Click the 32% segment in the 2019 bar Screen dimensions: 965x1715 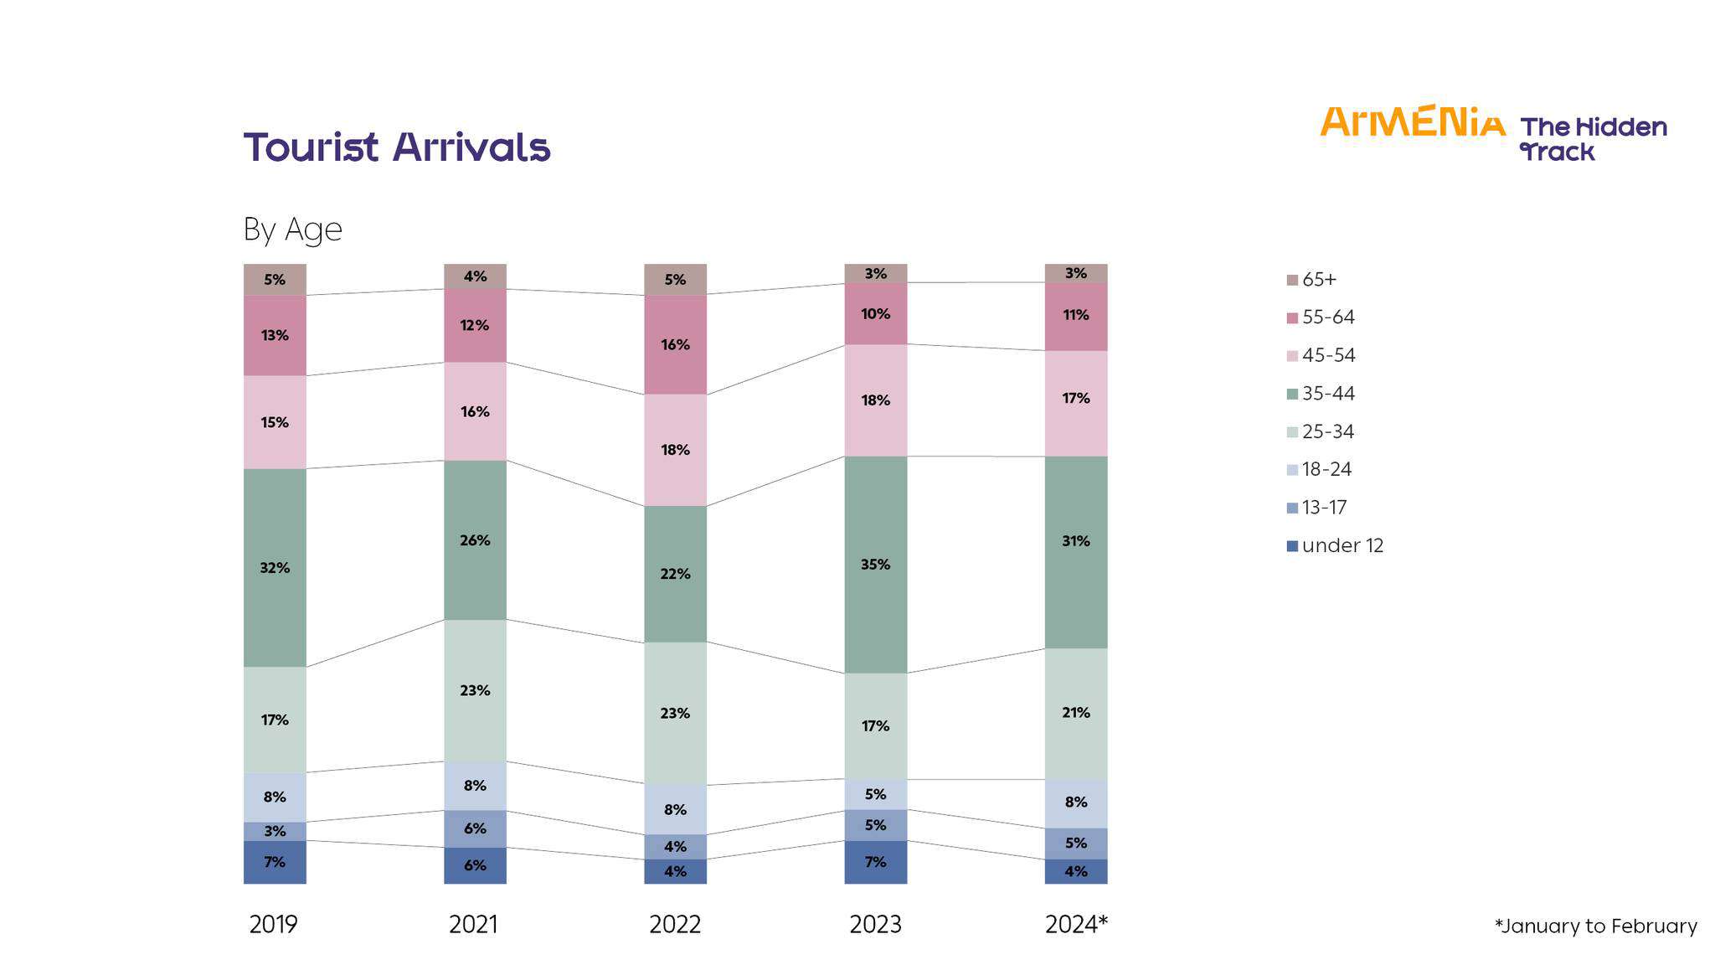[x=275, y=567]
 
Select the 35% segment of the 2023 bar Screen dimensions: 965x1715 [x=875, y=565]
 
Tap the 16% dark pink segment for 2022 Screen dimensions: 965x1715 [x=675, y=344]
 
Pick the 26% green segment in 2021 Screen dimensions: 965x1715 [x=475, y=540]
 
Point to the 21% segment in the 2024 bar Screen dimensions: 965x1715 [x=1076, y=713]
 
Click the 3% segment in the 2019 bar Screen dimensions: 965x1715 [x=275, y=831]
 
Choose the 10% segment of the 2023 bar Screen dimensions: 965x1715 [x=875, y=313]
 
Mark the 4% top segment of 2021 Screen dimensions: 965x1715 [x=475, y=276]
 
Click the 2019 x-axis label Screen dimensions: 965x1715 [x=274, y=925]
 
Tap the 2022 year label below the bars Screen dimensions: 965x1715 [x=675, y=925]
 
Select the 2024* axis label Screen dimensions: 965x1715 [x=1076, y=925]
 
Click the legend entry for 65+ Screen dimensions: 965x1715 [x=1319, y=280]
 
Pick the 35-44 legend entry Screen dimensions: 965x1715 [x=1328, y=394]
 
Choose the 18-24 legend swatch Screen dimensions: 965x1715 [x=1292, y=470]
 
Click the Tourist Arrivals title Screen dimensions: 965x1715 [x=397, y=147]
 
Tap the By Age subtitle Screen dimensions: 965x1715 [x=292, y=229]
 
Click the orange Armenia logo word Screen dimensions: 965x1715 [x=1413, y=122]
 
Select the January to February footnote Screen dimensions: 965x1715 [x=1595, y=926]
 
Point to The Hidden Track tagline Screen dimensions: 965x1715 [x=1592, y=139]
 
